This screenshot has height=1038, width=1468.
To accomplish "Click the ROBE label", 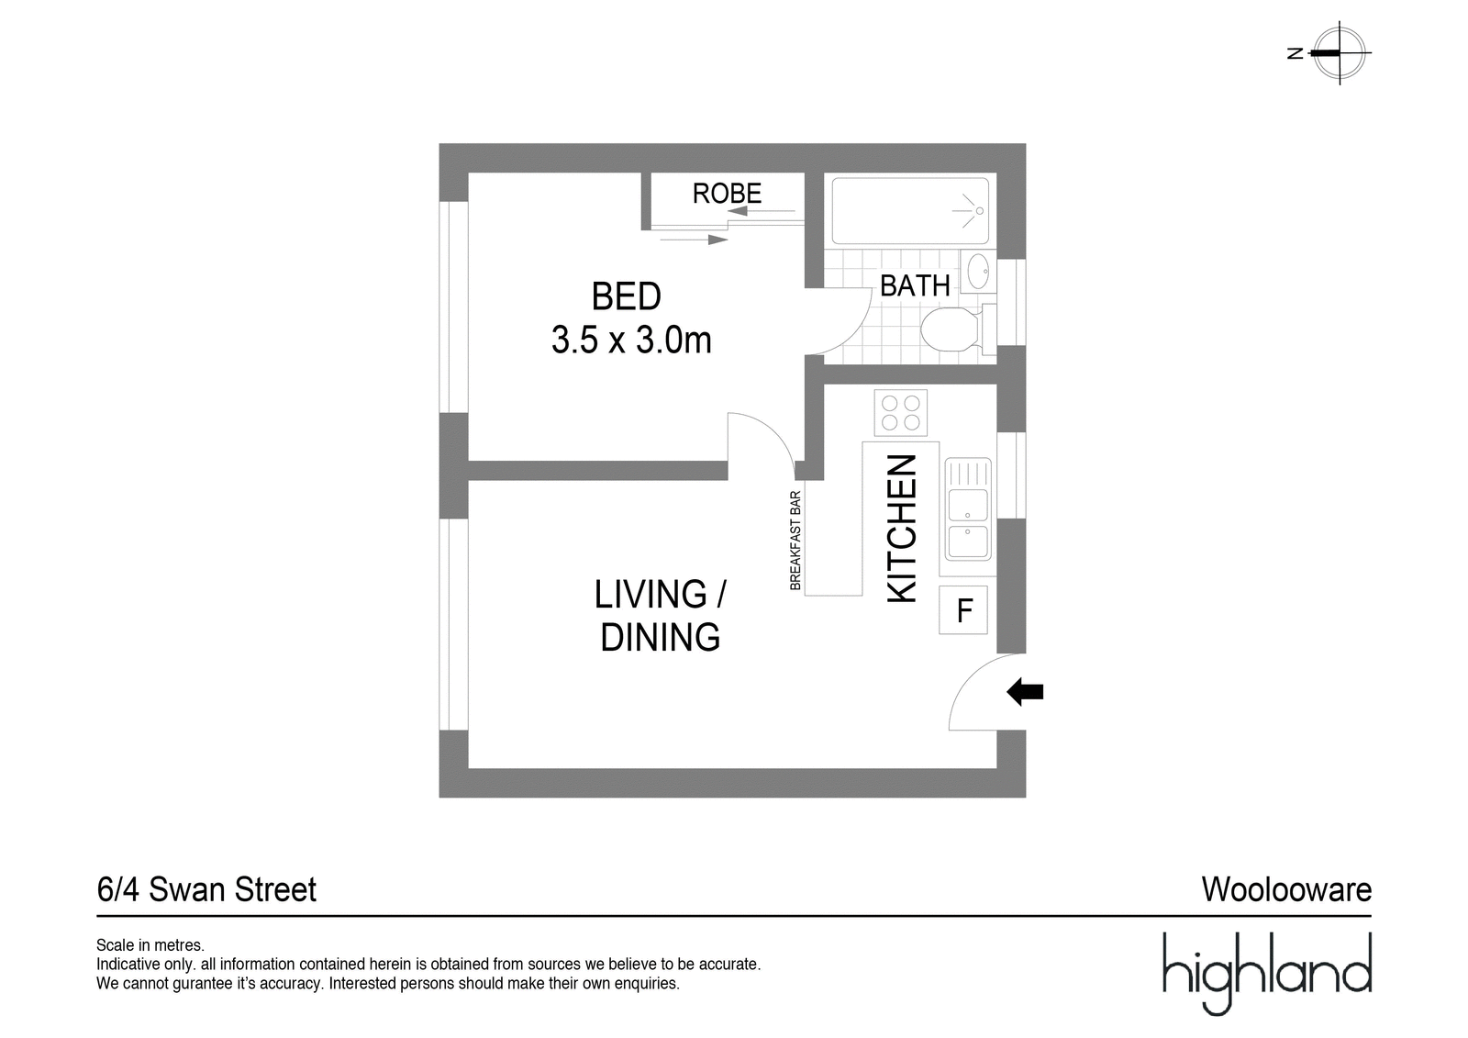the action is [x=727, y=194].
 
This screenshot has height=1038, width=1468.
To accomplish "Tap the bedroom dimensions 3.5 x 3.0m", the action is [x=631, y=340].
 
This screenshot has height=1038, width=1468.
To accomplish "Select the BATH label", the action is [x=915, y=286].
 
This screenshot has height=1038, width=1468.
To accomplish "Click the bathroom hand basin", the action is [x=978, y=271].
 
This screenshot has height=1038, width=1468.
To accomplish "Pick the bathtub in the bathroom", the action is [x=910, y=210].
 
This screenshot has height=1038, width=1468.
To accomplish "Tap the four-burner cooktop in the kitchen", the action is [x=900, y=412].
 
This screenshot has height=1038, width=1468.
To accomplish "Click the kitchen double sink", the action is [x=968, y=508].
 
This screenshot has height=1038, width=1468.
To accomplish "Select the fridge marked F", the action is [x=963, y=609].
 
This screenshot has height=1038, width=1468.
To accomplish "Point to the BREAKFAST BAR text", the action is [x=795, y=541].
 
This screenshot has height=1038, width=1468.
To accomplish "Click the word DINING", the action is [x=660, y=637].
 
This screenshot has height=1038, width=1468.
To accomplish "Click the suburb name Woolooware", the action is [x=1286, y=890].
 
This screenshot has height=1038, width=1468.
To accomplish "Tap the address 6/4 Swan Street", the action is [x=206, y=890].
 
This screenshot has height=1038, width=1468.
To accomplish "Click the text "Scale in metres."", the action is [x=150, y=945].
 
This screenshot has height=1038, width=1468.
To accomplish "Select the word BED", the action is [x=626, y=296].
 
